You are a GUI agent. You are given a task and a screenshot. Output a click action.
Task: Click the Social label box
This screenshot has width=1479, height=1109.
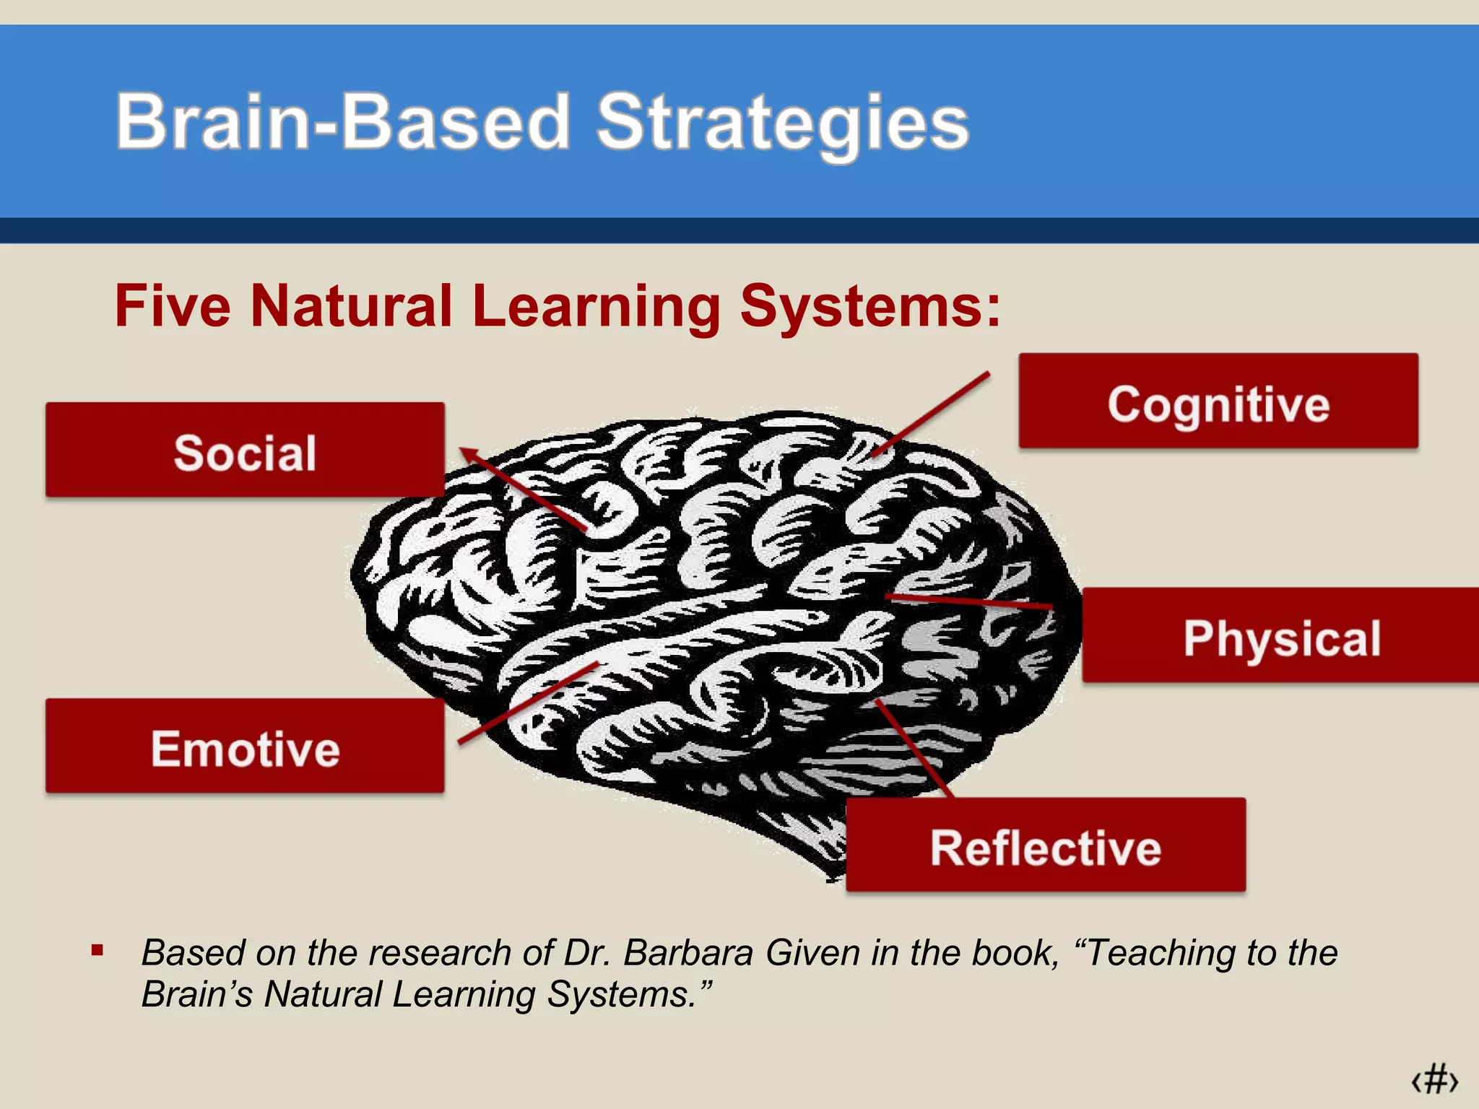245,450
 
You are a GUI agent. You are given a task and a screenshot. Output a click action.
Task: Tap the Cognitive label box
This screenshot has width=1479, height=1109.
1218,401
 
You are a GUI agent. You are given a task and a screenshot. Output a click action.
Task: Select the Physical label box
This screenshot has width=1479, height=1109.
1280,636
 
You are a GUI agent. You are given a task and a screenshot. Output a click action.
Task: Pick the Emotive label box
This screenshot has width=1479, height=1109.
245,746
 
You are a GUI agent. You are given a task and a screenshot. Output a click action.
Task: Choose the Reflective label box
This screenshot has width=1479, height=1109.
1046,845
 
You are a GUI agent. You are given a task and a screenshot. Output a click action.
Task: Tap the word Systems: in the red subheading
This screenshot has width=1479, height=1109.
870,307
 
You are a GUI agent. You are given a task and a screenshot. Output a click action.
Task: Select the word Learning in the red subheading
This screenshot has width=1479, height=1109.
597,307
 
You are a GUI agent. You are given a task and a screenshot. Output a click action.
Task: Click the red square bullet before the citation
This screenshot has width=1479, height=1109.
97,950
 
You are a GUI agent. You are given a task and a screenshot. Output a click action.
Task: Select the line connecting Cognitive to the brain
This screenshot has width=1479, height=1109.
932,413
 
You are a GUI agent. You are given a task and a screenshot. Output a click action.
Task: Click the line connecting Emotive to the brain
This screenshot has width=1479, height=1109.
527,703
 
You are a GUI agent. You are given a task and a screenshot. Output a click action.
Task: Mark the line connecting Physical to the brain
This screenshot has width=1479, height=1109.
968,601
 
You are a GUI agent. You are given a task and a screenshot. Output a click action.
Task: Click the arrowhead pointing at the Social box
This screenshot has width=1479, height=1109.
469,455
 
